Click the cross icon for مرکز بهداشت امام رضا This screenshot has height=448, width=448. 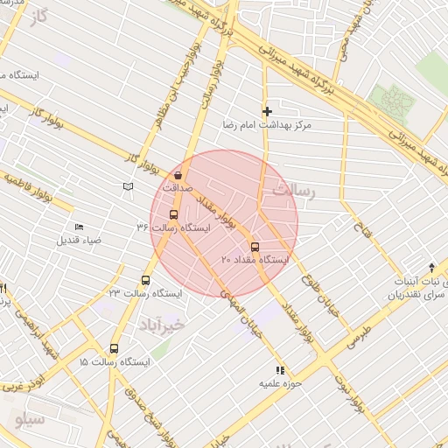tap(267, 111)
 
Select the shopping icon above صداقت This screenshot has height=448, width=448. tap(178, 175)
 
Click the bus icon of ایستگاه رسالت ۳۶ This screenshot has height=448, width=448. tap(172, 214)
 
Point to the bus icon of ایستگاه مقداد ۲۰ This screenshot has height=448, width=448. tap(255, 247)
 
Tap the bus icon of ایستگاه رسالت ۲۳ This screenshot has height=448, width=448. tap(145, 281)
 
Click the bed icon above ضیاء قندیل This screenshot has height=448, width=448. tap(80, 227)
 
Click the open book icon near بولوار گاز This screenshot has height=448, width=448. tap(129, 185)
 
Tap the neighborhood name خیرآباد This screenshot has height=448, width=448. tap(163, 325)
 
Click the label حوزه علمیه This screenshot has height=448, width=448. tap(279, 383)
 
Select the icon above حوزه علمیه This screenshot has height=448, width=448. tap(280, 370)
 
